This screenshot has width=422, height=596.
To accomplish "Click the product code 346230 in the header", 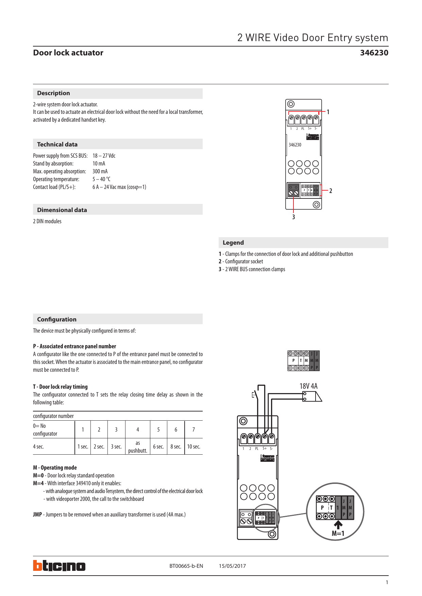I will point(374,53).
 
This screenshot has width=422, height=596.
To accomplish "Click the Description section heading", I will point(53,93).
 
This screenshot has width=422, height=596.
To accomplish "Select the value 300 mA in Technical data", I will point(100,171).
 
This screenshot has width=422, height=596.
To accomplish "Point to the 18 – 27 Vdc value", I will point(104,156).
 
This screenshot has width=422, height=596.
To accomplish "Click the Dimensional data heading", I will point(62,210).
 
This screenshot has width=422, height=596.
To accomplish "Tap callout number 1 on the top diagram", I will point(328,112).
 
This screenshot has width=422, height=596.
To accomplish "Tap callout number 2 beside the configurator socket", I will point(331,191).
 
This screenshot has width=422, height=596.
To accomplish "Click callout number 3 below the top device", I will point(293,217).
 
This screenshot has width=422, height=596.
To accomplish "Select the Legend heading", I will point(233,243).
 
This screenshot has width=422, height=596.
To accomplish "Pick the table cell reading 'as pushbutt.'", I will point(137,446).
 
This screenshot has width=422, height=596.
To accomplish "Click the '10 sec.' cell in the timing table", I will point(193,446).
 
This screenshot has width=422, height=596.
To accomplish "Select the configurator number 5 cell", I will point(158,430).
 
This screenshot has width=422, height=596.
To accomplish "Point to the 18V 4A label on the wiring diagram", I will point(308,386).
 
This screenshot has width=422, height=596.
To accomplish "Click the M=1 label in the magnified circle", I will point(338,533).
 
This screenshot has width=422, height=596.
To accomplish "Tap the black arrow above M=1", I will point(338,525).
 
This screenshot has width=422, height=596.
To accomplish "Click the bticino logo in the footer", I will point(59,566).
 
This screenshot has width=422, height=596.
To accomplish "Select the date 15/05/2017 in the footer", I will point(232,566).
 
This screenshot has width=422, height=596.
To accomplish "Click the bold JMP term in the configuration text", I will point(37,514).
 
